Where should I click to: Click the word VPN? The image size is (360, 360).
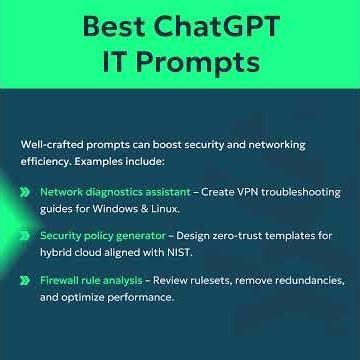[232, 191]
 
